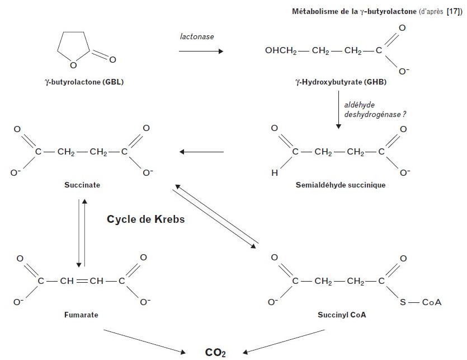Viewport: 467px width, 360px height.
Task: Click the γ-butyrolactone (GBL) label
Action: tap(84, 82)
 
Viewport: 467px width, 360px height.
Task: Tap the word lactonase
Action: tap(197, 36)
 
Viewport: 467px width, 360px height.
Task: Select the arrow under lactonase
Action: tap(201, 51)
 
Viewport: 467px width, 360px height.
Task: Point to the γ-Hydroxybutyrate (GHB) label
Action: tap(341, 82)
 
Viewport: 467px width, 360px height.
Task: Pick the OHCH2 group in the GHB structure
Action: tap(281, 51)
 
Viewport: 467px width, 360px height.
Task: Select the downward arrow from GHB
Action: tap(338, 111)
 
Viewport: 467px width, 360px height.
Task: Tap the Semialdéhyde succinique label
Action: tap(341, 185)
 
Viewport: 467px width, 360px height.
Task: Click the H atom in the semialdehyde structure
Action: tap(274, 173)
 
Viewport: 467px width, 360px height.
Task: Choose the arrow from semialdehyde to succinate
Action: tap(201, 152)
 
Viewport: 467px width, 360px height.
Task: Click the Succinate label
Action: tap(82, 185)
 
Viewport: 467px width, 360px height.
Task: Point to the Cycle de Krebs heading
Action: tap(145, 219)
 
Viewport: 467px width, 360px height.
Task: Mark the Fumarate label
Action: tap(81, 315)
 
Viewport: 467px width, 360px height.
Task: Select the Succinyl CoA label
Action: tap(342, 315)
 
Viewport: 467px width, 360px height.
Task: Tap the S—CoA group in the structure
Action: tap(421, 302)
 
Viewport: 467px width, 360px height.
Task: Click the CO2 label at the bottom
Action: tap(215, 352)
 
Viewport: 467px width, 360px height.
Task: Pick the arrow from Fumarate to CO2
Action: tap(145, 341)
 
